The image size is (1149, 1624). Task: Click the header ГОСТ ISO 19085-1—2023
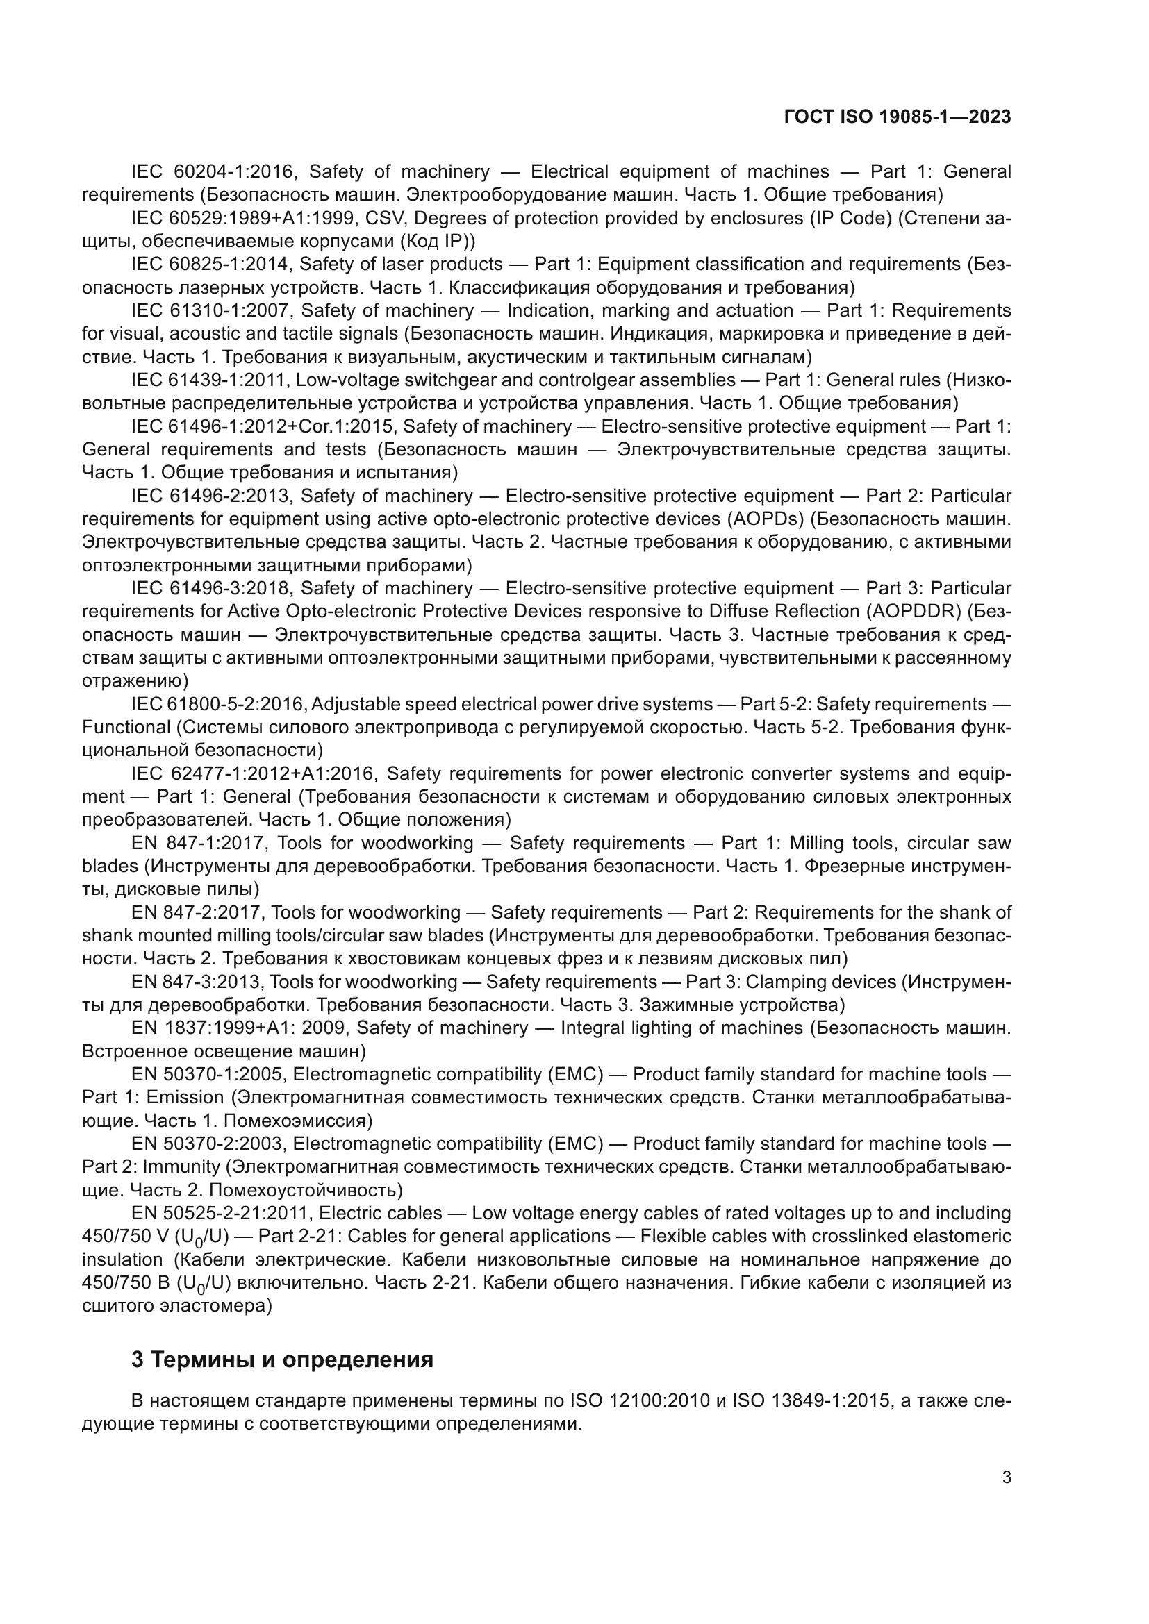coord(897,117)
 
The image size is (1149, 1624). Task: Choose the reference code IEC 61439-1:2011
coord(207,380)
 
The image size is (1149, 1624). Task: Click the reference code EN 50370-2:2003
coord(207,1144)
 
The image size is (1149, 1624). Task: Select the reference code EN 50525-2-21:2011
coord(219,1213)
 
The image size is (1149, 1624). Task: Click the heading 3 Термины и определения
coord(282,1359)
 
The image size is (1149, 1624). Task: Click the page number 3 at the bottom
coord(1007,1477)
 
